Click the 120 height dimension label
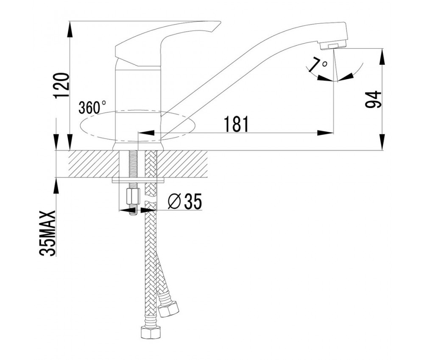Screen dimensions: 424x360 click(x=61, y=86)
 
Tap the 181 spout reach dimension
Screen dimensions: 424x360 click(x=236, y=124)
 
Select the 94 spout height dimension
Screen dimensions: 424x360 click(x=373, y=100)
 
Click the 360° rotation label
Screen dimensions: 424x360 click(x=92, y=107)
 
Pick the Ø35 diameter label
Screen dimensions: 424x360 click(x=185, y=202)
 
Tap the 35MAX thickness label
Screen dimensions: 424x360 click(x=47, y=233)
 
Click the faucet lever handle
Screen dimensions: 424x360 click(x=167, y=42)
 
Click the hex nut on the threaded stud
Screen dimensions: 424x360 click(x=133, y=197)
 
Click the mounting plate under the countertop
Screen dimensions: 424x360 click(x=138, y=180)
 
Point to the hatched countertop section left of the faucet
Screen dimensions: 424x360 click(x=94, y=164)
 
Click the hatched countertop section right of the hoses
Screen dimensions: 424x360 click(x=182, y=164)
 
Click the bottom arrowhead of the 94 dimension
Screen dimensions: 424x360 click(x=383, y=142)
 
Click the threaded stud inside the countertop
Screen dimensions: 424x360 click(x=133, y=164)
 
